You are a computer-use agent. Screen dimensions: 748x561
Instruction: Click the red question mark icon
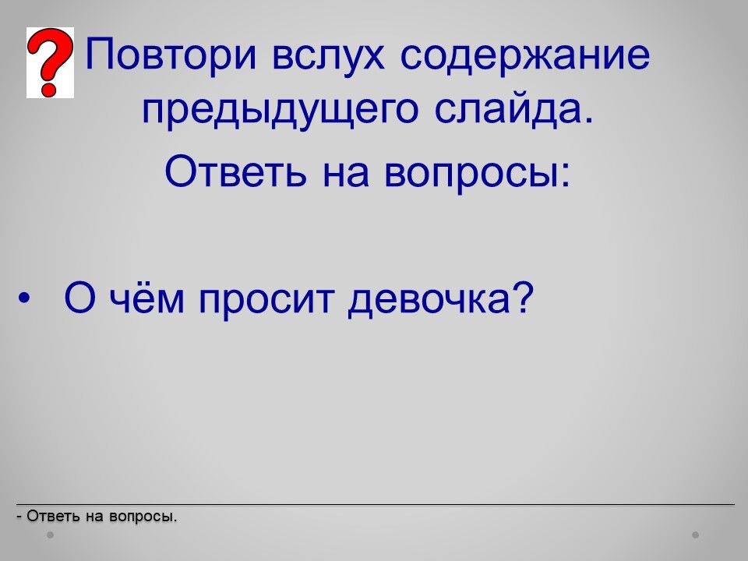coord(50,62)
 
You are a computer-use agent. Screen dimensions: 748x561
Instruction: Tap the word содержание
coord(524,54)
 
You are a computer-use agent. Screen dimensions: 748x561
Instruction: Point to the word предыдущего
coord(280,110)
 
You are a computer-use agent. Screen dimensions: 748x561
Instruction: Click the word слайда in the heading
coord(514,109)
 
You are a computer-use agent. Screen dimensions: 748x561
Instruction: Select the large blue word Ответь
coord(235,171)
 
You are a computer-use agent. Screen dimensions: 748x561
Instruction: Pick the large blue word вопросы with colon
coord(478,174)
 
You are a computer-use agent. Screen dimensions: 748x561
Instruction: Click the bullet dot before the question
coord(24,298)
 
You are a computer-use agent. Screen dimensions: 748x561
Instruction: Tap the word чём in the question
coord(146,298)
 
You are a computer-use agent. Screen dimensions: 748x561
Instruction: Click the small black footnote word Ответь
coord(53,516)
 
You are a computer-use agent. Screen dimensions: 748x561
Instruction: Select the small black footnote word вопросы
coord(143,517)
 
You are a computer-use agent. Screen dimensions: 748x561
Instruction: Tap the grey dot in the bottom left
coord(50,535)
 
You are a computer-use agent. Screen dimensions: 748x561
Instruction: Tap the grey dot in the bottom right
coord(696,535)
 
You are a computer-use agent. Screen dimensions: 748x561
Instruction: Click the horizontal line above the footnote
coord(376,504)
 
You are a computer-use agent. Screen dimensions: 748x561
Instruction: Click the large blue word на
coord(346,174)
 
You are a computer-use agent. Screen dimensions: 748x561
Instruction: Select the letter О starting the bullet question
coord(79,297)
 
